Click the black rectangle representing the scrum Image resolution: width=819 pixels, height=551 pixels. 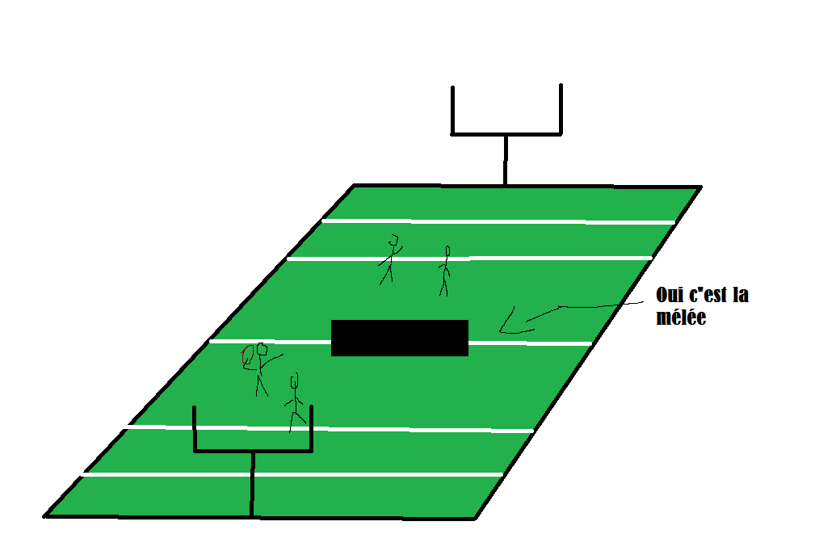click(x=400, y=338)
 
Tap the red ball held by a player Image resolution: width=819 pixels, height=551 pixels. click(x=247, y=357)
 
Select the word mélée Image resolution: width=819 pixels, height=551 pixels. click(x=682, y=318)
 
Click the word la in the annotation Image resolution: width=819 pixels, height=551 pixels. click(x=740, y=296)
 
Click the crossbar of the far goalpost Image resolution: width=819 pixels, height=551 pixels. click(x=506, y=132)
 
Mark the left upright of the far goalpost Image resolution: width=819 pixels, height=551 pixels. click(x=454, y=109)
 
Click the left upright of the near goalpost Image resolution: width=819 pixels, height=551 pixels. click(x=195, y=428)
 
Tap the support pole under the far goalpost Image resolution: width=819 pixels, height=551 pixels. click(x=506, y=160)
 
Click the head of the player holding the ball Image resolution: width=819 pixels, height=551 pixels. click(x=261, y=350)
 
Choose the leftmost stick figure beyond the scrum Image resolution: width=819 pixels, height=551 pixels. click(x=391, y=258)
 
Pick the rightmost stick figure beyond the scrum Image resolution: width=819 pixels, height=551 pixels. click(x=444, y=270)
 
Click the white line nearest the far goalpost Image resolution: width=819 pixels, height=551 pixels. click(x=498, y=221)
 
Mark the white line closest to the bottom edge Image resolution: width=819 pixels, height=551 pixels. click(x=291, y=474)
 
